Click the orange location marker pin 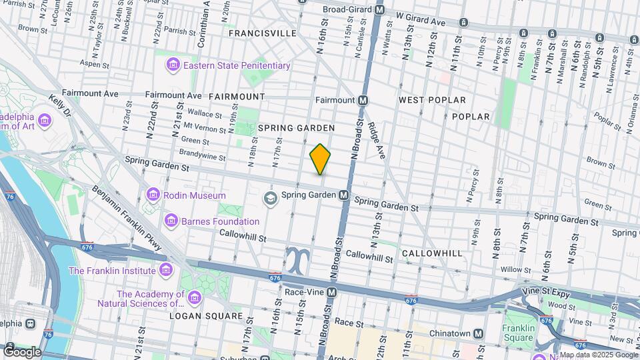[321, 159]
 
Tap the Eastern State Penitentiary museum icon [173, 65]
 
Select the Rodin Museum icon [153, 195]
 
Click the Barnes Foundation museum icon [171, 221]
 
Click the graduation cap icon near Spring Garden [270, 196]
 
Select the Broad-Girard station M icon [380, 10]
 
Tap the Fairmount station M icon [363, 100]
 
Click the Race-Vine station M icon [331, 292]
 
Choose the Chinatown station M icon [478, 333]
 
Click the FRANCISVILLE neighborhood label [262, 33]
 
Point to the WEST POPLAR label [431, 100]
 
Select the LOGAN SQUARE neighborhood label [205, 315]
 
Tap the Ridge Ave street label [377, 139]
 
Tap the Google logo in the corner [22, 351]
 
